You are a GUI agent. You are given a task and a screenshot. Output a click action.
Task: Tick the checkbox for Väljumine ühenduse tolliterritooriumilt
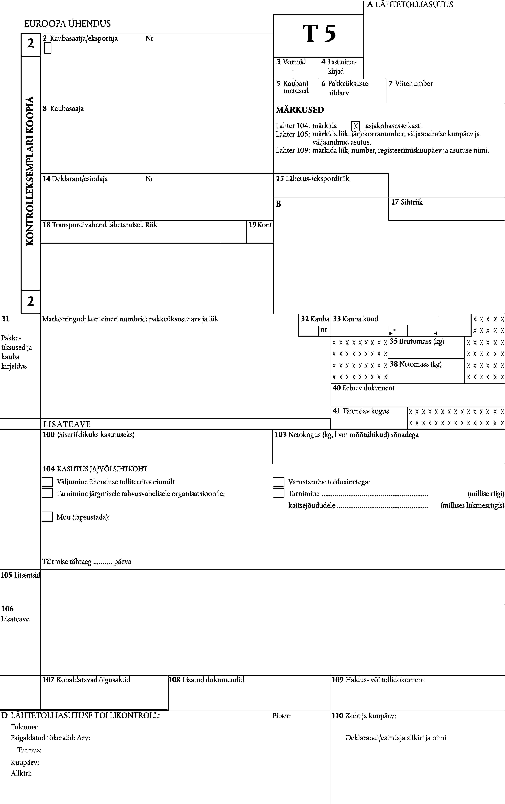click(x=47, y=482)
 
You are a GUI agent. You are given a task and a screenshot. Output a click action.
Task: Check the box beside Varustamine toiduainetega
click(x=278, y=482)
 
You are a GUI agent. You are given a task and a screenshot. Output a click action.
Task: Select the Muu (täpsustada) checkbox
click(x=47, y=517)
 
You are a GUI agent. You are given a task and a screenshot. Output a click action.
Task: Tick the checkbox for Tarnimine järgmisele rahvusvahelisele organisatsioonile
click(x=47, y=493)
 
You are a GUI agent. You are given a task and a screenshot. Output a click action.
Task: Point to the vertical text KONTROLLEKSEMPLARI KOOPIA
click(x=30, y=171)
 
